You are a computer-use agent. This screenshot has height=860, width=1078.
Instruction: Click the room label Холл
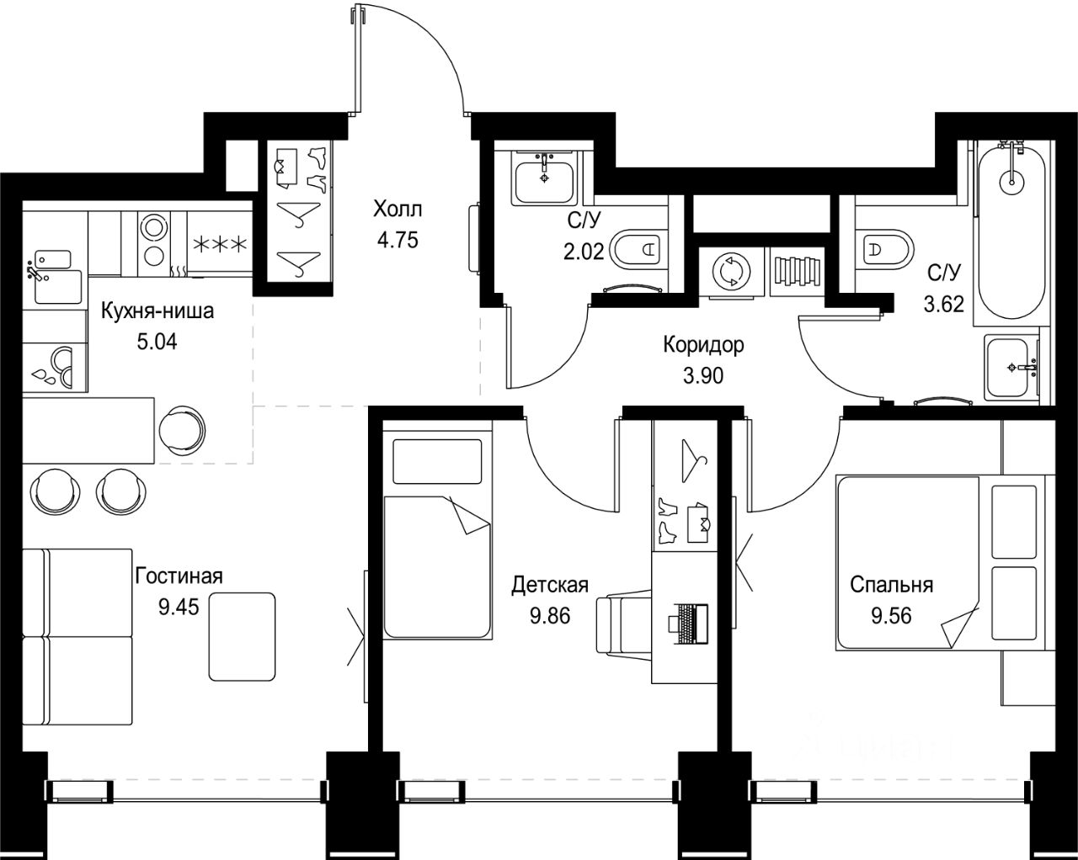[x=398, y=210]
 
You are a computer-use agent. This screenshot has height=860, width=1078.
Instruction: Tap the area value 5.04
[x=157, y=342]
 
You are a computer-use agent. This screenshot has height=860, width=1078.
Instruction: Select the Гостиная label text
[x=179, y=576]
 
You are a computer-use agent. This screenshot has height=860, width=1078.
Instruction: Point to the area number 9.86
[x=549, y=616]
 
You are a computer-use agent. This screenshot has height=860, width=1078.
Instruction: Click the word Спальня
[x=892, y=585]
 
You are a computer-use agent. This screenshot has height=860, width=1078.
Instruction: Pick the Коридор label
[x=703, y=345]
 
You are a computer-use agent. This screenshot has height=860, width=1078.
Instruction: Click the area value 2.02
[x=584, y=252]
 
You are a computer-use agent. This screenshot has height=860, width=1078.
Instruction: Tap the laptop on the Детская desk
[x=688, y=624]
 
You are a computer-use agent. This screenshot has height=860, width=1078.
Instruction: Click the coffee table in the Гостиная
[x=242, y=636]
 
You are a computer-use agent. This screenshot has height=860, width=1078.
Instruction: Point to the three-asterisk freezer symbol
[x=220, y=244]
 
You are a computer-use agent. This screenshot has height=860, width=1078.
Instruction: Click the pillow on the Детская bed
[x=437, y=461]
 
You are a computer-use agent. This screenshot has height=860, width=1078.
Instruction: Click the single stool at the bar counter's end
[x=183, y=430]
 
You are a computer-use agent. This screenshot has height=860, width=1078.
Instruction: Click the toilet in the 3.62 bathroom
[x=885, y=248]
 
